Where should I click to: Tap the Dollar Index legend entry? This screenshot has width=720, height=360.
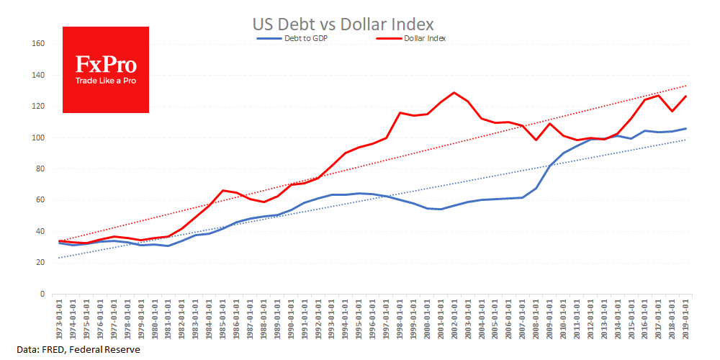[x=423, y=39]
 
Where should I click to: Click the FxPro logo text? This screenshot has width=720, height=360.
[x=106, y=65]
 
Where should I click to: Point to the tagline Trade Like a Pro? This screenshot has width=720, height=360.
[x=106, y=81]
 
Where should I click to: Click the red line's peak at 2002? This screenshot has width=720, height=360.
[x=454, y=92]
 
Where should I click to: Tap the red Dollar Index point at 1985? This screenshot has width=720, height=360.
[x=223, y=190]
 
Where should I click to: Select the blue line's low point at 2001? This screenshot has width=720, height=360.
[x=440, y=209]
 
